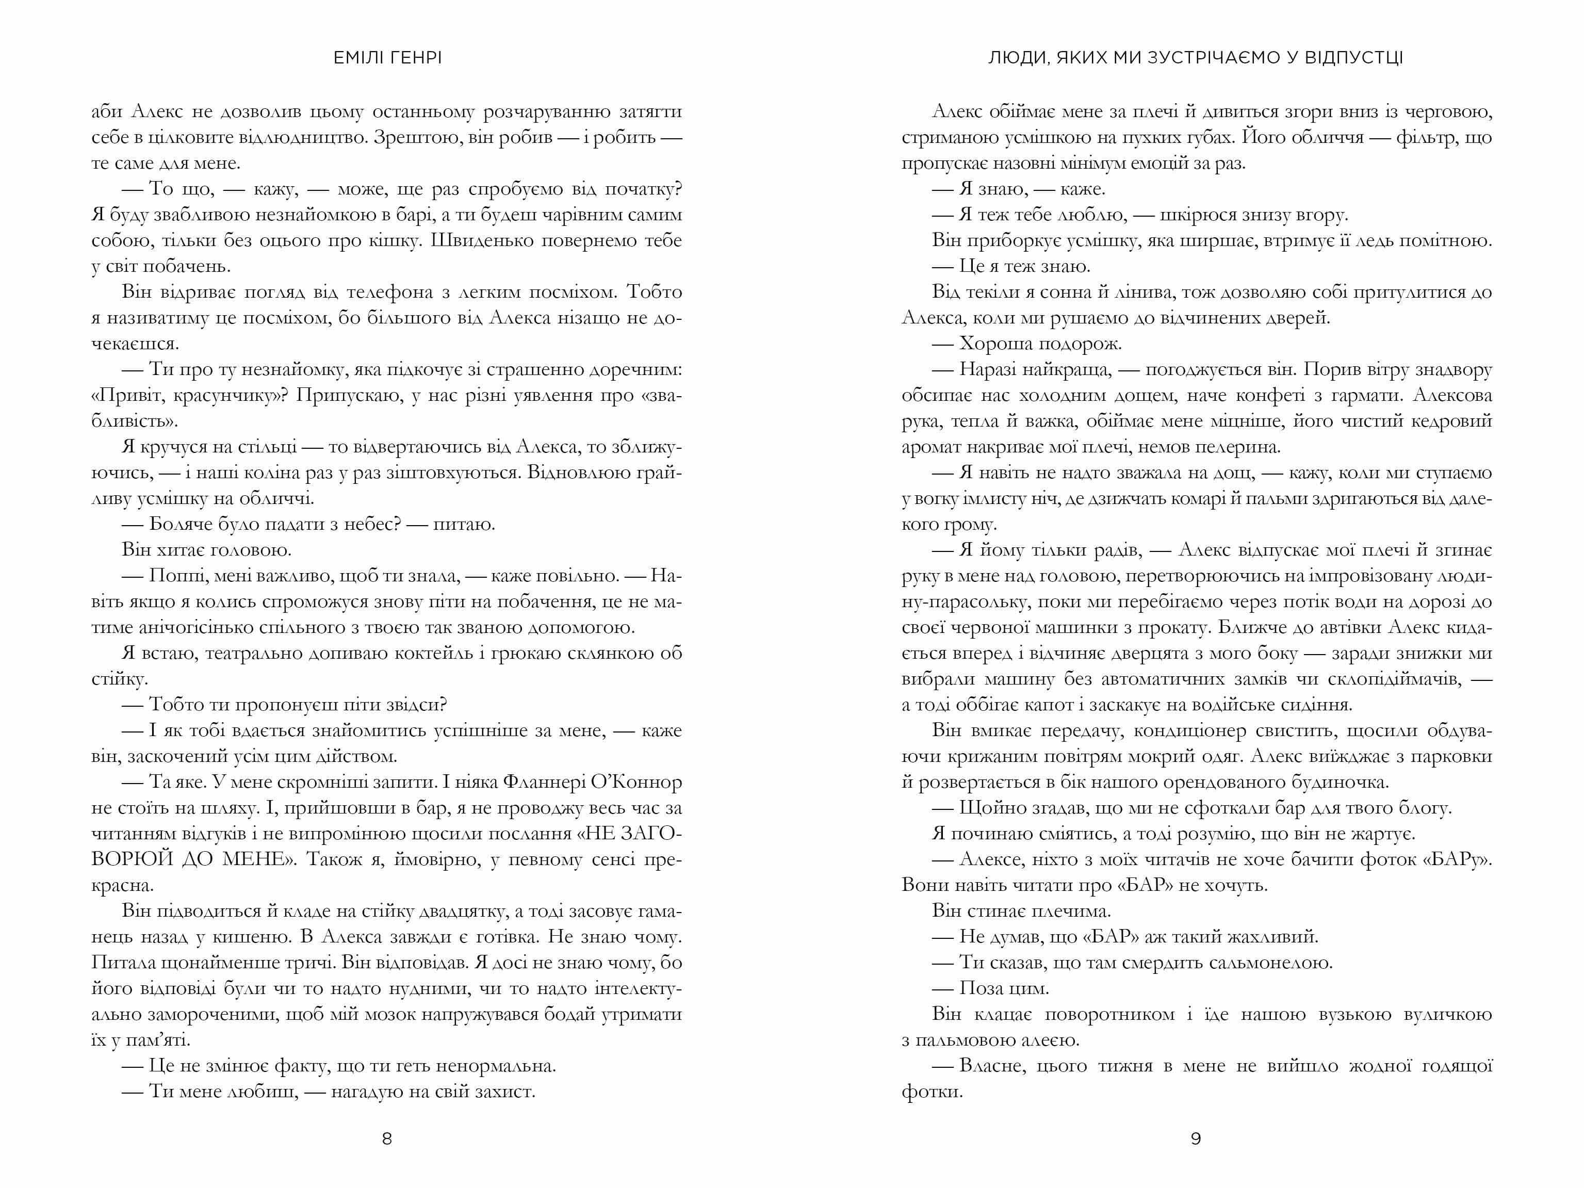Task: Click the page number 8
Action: [387, 1138]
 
